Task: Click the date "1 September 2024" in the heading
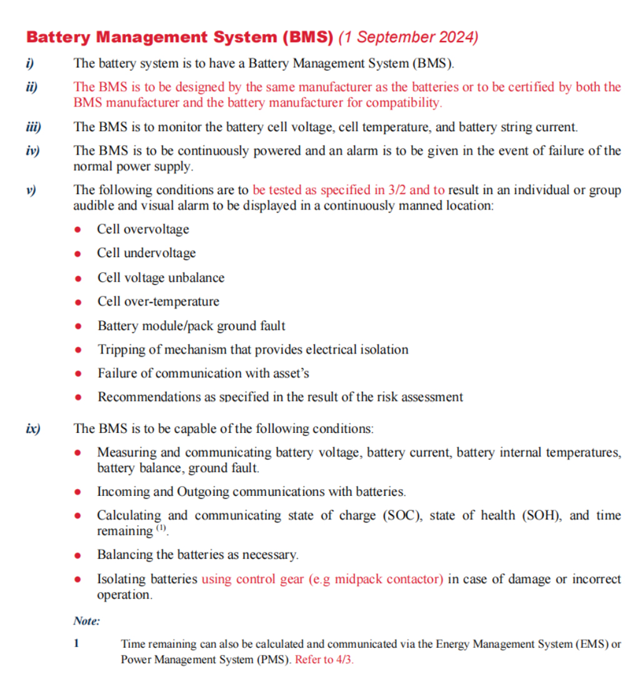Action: pyautogui.click(x=408, y=37)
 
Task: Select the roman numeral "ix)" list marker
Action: pyautogui.click(x=32, y=429)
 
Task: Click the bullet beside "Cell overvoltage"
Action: pyautogui.click(x=78, y=230)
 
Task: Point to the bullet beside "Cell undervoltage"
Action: pyautogui.click(x=78, y=254)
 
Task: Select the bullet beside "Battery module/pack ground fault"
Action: pyautogui.click(x=78, y=326)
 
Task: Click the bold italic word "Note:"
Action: pyautogui.click(x=86, y=621)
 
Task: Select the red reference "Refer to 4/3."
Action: pyautogui.click(x=324, y=660)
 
